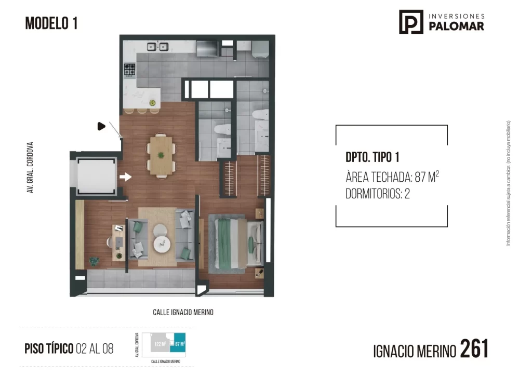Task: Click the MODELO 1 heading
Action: click(51, 23)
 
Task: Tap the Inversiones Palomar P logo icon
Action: click(411, 22)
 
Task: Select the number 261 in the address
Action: click(474, 349)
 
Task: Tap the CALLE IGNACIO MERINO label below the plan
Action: click(183, 313)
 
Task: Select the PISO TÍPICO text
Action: click(49, 348)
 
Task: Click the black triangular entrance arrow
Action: click(101, 126)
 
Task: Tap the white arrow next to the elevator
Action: click(125, 177)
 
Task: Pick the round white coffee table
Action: click(162, 243)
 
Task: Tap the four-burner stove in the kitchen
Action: click(129, 70)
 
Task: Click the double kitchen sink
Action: click(157, 47)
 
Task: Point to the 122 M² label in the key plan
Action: click(159, 343)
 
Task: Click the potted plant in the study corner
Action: click(94, 261)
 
